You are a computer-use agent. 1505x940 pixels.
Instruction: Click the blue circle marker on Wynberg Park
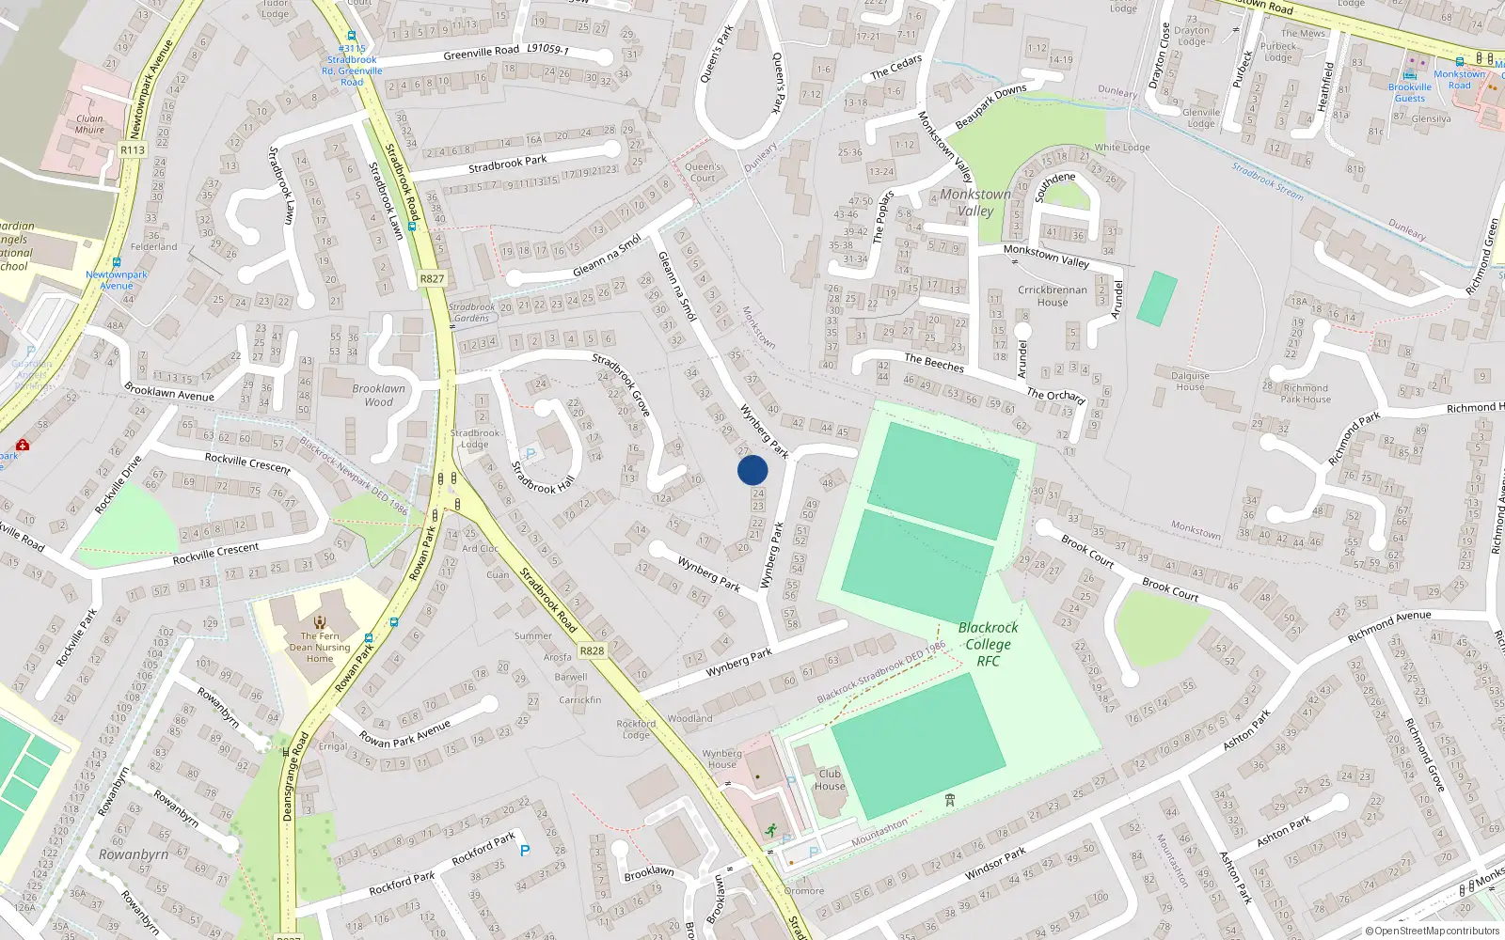[752, 470]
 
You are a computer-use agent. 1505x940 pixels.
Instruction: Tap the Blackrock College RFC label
[988, 644]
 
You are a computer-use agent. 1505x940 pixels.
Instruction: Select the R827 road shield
[432, 278]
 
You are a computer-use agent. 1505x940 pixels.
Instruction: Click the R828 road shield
[592, 650]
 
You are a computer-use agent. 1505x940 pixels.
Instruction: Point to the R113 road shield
[133, 150]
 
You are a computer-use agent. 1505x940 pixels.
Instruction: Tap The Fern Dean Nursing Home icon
[320, 621]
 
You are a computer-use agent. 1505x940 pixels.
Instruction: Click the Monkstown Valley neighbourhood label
[975, 202]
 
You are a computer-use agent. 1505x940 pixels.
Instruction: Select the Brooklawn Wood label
[379, 395]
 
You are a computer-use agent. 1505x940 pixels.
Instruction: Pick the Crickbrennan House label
[1053, 296]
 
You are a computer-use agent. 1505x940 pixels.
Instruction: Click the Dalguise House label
[1190, 381]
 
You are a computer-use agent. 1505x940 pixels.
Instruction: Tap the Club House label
[830, 780]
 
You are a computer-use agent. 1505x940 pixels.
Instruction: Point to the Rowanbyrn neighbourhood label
[134, 854]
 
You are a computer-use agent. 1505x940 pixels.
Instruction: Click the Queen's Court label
[703, 172]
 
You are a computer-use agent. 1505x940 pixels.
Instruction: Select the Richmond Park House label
[1306, 393]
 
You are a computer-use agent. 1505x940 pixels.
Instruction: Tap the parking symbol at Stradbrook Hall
[530, 455]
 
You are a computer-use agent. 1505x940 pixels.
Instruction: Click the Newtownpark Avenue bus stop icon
[117, 262]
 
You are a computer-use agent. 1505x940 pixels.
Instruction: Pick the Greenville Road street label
[481, 53]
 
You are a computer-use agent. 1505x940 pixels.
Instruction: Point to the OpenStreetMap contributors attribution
[1432, 932]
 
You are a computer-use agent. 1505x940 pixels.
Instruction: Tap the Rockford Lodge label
[636, 728]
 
